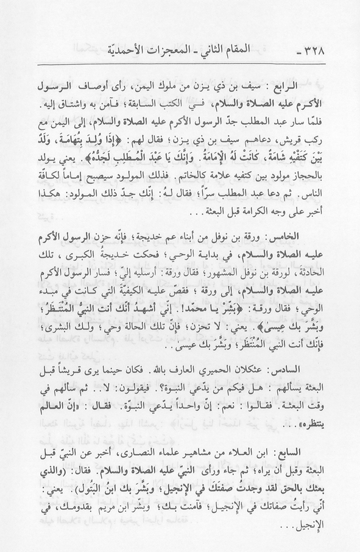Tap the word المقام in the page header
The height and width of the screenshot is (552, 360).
(277, 52)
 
